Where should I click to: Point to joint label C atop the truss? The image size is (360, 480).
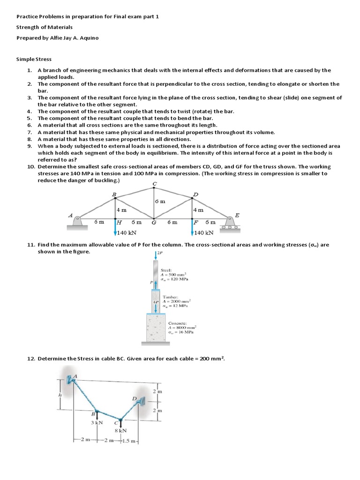(154, 183)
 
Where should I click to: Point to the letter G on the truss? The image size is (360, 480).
(153, 223)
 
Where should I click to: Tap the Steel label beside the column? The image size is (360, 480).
(166, 270)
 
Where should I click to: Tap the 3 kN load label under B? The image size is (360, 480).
(97, 422)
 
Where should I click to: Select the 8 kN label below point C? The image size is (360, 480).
(121, 430)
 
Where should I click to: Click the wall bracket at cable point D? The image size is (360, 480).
(141, 400)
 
